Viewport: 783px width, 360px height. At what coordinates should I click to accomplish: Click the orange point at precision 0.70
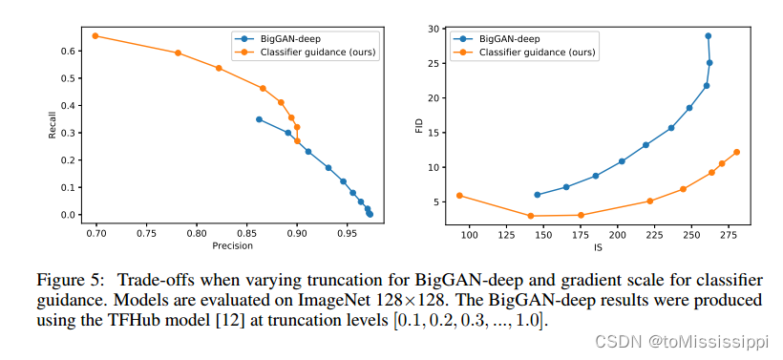[95, 35]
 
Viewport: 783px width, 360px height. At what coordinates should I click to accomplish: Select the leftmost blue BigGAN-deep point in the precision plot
[259, 119]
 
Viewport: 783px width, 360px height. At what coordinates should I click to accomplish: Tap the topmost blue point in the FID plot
[708, 36]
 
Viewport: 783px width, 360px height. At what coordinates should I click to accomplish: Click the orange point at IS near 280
[736, 152]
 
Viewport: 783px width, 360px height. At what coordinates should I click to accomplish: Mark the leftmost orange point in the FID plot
[459, 196]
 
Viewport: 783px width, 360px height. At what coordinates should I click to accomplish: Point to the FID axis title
[418, 125]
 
